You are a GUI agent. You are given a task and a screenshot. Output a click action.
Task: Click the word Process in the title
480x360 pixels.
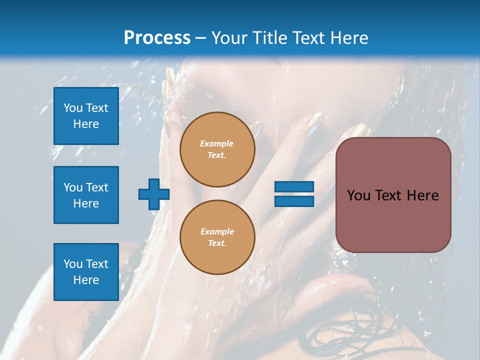tap(157, 38)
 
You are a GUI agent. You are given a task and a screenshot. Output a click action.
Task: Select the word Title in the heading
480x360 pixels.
tap(270, 38)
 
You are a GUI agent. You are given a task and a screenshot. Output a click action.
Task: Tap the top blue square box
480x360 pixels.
tap(86, 116)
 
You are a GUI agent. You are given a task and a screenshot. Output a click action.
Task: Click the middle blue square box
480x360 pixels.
tap(86, 195)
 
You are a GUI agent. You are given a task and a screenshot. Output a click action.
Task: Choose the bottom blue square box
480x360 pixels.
tap(86, 272)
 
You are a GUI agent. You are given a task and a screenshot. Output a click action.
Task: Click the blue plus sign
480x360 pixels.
tap(154, 194)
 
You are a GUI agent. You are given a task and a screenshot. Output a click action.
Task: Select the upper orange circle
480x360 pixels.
tap(217, 149)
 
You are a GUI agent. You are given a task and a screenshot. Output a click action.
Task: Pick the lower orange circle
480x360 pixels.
tap(217, 237)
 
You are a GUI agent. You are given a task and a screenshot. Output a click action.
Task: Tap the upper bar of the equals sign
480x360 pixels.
tap(294, 186)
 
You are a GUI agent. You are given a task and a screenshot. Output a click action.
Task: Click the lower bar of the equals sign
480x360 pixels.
tap(294, 201)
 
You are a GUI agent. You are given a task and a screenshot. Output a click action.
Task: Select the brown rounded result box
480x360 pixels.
tap(393, 195)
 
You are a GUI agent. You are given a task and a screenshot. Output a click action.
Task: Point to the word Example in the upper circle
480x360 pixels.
tap(216, 143)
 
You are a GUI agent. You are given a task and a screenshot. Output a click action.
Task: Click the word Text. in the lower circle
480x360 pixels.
tap(217, 243)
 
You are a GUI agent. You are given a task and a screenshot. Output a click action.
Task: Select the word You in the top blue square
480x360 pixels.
tap(72, 108)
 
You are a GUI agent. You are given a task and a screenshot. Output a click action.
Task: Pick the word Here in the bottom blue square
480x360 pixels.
tap(86, 280)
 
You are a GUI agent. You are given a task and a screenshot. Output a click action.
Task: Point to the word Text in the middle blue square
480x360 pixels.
tap(96, 187)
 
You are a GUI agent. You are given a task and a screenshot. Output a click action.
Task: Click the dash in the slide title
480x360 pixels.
tap(200, 39)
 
